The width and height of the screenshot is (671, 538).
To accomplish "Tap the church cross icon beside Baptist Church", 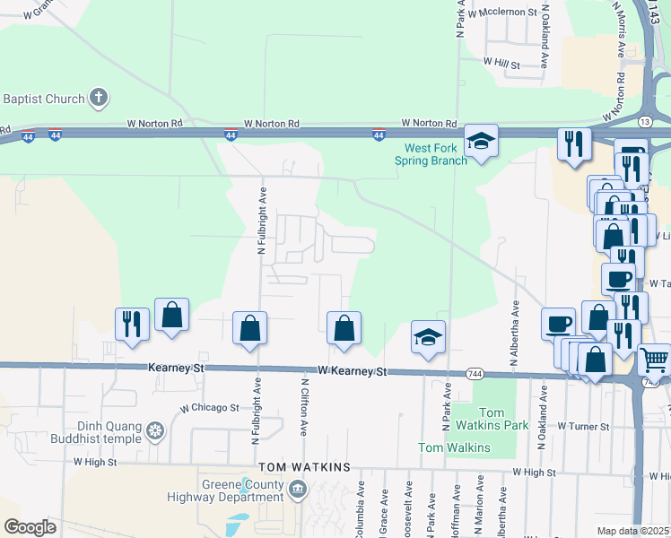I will point(100,98).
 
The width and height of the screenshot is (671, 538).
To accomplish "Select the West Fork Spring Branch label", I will point(431,154).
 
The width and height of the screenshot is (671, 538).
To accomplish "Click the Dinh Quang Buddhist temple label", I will point(102,432).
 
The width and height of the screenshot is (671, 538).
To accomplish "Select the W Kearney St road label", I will point(352,370).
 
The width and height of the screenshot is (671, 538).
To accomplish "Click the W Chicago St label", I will point(209,407).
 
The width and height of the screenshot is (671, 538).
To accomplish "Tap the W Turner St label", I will point(584,427).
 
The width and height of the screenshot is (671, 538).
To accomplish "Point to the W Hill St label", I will point(501,63).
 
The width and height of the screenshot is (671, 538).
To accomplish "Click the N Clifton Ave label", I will point(304,407).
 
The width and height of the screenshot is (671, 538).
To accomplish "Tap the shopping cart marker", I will point(654,360).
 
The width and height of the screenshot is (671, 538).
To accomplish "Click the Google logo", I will point(30,527).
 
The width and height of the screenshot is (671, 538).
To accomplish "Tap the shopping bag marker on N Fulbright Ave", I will point(249,328).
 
